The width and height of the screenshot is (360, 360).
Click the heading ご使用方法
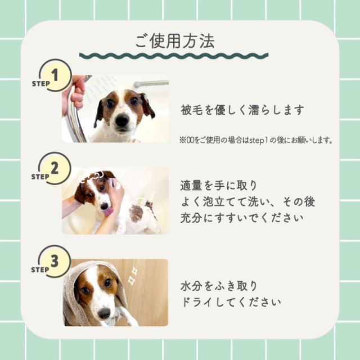point(174,40)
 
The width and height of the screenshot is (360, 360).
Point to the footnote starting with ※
point(256,138)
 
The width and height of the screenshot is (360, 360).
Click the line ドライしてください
point(231,302)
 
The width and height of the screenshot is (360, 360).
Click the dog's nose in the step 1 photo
point(122,120)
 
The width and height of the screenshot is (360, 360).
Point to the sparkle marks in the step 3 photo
point(133,276)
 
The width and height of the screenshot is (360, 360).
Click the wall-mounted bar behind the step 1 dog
point(152,84)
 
